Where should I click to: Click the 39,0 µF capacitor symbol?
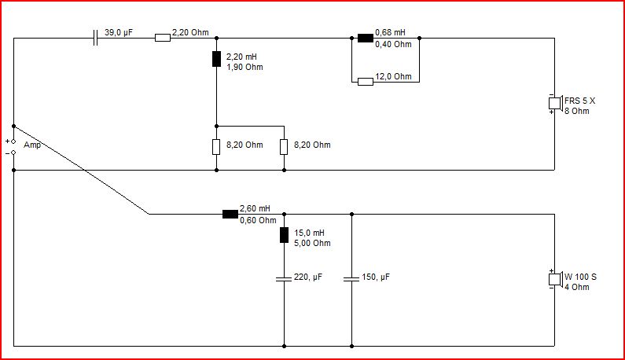[95, 38]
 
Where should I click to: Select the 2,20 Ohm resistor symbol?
[163, 38]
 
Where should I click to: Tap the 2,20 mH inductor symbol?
[216, 59]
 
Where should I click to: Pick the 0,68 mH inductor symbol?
[366, 38]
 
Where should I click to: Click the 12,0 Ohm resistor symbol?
[366, 82]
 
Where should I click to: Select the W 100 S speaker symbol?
[555, 279]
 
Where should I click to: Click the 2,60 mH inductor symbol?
[230, 214]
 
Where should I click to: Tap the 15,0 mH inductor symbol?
[284, 235]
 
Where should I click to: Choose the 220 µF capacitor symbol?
[284, 279]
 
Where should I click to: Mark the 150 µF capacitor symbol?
[351, 279]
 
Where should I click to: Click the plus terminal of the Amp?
[13, 141]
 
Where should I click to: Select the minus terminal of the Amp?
[13, 152]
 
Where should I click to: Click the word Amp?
[32, 145]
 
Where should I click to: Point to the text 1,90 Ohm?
[244, 67]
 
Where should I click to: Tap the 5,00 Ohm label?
[312, 243]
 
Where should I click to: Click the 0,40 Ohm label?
[393, 44]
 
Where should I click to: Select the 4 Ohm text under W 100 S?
[577, 287]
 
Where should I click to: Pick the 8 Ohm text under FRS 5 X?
[577, 112]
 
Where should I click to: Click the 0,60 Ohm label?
[258, 220]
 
